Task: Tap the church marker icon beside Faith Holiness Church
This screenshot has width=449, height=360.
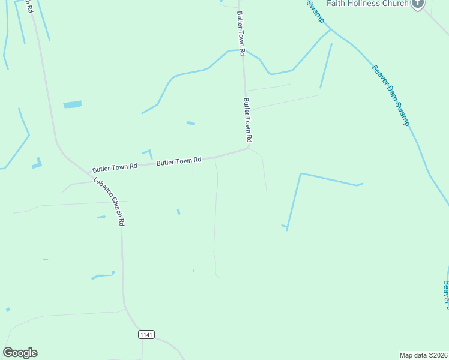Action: click(x=418, y=4)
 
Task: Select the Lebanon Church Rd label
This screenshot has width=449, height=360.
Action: click(x=109, y=202)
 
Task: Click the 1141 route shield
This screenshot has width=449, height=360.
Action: click(x=146, y=334)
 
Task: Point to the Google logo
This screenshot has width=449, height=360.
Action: click(x=20, y=353)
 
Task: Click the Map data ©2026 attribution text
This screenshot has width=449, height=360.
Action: click(x=424, y=355)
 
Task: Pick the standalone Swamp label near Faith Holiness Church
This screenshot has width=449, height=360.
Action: click(x=316, y=11)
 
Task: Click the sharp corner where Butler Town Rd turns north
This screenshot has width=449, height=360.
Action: click(x=248, y=147)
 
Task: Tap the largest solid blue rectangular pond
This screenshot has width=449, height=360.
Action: click(x=73, y=104)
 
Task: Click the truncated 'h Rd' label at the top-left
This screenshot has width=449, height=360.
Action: click(x=28, y=6)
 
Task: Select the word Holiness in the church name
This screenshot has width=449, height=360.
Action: click(x=367, y=4)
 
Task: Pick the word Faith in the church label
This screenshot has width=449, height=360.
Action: click(x=337, y=4)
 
